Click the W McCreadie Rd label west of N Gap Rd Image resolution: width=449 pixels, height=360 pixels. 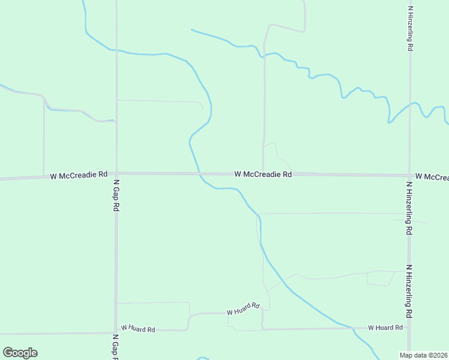(x=79, y=175)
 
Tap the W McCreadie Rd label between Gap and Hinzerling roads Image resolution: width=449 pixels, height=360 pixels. (x=263, y=174)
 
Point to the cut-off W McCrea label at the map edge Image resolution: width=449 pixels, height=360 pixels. (x=432, y=177)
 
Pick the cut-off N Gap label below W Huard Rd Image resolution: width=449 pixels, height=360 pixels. (x=115, y=347)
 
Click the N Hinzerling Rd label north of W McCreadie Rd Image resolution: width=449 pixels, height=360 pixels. (x=410, y=28)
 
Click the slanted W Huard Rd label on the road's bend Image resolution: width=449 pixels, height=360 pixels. (x=243, y=309)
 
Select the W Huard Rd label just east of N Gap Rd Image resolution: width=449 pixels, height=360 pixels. (x=138, y=329)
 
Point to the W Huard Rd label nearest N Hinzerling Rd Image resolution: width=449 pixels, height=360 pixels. (x=385, y=328)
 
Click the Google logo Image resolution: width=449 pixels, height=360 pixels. (x=20, y=353)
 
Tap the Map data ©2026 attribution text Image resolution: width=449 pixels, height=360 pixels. (x=424, y=355)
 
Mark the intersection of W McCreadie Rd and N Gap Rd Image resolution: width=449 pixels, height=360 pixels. (x=116, y=173)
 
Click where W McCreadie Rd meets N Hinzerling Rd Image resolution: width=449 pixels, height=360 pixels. (x=409, y=175)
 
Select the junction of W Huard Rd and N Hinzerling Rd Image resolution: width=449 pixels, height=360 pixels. (x=409, y=328)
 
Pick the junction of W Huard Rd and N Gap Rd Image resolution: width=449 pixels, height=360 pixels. (x=115, y=332)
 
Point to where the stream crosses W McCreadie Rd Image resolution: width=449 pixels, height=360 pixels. (x=199, y=173)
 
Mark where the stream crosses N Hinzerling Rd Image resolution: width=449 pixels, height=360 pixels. (x=410, y=106)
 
